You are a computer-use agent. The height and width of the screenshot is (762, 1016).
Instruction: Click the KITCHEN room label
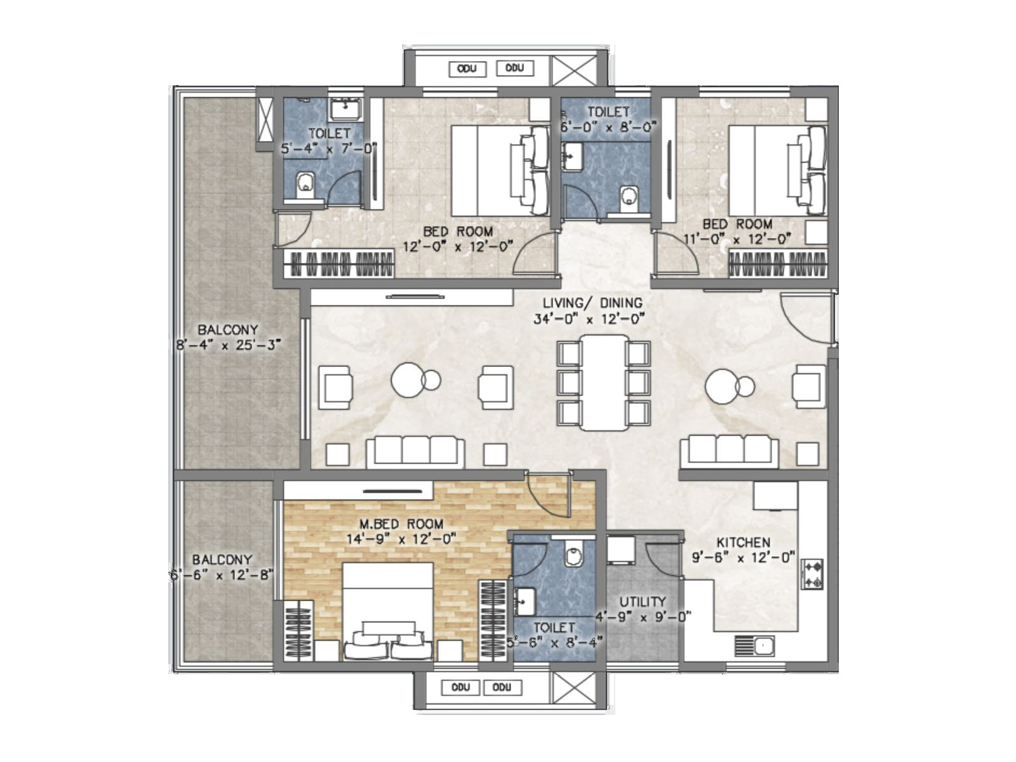coord(743,542)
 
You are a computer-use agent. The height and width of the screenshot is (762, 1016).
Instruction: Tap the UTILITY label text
coord(642,601)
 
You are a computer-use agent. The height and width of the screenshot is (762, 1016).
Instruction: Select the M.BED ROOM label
coord(401,524)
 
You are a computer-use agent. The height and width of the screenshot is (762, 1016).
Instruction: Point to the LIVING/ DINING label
coord(592,303)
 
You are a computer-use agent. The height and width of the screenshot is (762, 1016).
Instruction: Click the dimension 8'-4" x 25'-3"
coord(228,345)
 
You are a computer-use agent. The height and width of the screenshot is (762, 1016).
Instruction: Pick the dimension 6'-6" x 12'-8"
coord(221,575)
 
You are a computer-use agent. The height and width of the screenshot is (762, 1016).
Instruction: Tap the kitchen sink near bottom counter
coord(754,646)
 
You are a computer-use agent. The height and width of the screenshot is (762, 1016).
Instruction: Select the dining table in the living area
coord(603,383)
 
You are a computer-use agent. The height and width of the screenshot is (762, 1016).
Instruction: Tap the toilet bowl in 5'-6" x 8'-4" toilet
coord(573,556)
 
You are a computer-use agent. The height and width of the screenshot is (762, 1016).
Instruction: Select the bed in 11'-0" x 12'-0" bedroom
coord(776,170)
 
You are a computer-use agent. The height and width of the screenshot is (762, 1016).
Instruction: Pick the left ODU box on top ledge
coord(467,69)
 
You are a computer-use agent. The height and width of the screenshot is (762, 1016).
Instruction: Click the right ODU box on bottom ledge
coord(502,688)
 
